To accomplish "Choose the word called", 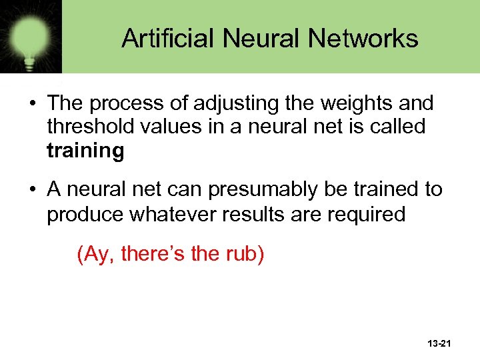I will pos(395,126).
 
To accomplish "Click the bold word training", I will pos(85,150).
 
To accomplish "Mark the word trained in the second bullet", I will pos(389,190).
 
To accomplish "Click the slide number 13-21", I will pos(438,343).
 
